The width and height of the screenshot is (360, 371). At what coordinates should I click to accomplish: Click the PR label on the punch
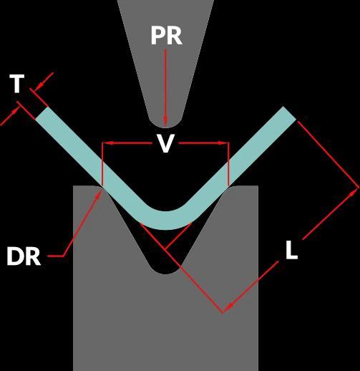(x=167, y=36)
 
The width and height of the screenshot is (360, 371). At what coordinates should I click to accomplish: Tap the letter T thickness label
(x=16, y=83)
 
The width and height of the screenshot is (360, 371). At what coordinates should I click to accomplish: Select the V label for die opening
(x=165, y=143)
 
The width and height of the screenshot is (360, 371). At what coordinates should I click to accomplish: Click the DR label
(x=24, y=256)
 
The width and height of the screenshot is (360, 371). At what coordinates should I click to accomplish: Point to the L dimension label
(x=291, y=250)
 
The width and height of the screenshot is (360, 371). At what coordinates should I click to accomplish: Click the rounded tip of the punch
(x=165, y=123)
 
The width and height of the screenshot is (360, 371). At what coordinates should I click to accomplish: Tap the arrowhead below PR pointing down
(x=165, y=121)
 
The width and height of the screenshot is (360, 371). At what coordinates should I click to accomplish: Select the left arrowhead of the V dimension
(x=108, y=143)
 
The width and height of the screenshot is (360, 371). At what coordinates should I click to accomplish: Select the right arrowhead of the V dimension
(x=223, y=143)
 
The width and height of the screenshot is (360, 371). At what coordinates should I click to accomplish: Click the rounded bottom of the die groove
(x=165, y=270)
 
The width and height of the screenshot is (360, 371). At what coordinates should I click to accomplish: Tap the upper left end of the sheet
(x=42, y=113)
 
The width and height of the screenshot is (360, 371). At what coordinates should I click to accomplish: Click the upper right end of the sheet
(x=290, y=113)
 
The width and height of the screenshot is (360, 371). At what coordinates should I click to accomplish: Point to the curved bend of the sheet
(x=165, y=220)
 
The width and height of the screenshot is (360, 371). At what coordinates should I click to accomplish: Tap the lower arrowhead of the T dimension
(x=15, y=112)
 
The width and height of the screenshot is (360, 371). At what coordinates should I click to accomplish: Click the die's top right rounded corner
(x=235, y=187)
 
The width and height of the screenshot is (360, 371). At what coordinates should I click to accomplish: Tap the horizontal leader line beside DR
(x=56, y=256)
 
